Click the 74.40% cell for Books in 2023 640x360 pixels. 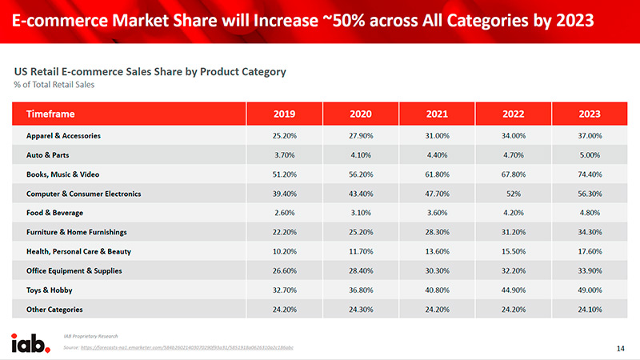(590, 174)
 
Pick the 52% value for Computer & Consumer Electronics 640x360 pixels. (514, 194)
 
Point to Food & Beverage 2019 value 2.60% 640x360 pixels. (285, 213)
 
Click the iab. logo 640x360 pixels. (31, 342)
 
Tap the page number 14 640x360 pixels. (621, 348)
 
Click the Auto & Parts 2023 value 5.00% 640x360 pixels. (590, 155)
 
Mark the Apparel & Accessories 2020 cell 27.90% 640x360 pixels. (361, 136)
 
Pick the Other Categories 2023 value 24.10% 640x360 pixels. (590, 309)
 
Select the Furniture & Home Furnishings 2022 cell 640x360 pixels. (514, 232)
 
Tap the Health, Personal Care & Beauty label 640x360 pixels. (78, 251)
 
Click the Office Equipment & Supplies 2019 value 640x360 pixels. (285, 270)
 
